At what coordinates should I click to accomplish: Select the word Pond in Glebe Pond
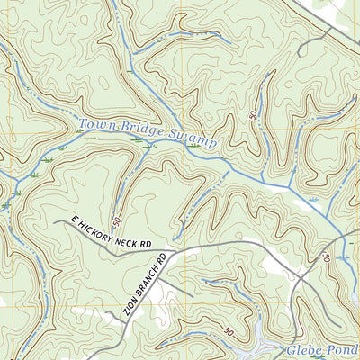341,350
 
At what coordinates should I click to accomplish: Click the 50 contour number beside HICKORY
116,220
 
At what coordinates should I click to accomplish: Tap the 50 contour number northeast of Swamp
251,116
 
